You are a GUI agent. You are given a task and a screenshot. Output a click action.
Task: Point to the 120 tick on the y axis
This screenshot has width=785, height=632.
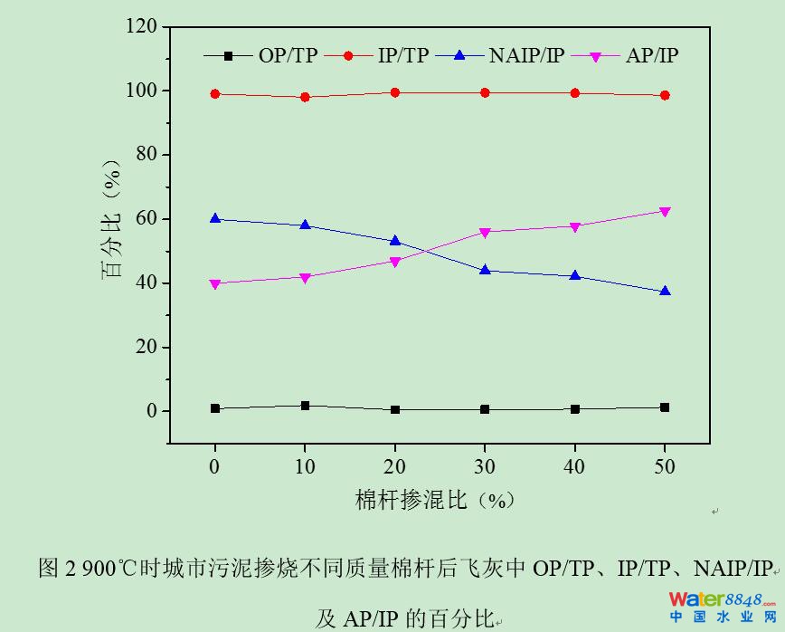coord(140,27)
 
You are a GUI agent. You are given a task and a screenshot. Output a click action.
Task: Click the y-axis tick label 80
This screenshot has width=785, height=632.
coord(146,155)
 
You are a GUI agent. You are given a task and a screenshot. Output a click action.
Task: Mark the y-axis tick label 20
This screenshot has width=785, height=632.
coord(146,347)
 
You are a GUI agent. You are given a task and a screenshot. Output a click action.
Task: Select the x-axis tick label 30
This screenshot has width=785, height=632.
coord(485,466)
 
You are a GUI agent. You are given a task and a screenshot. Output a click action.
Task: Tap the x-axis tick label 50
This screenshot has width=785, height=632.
coord(665,466)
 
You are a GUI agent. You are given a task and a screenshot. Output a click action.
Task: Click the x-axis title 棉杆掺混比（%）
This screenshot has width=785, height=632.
coord(434,500)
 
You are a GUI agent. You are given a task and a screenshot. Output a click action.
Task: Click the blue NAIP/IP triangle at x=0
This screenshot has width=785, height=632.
coord(215,218)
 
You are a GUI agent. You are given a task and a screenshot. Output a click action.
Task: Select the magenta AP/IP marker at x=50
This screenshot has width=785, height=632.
coord(665,212)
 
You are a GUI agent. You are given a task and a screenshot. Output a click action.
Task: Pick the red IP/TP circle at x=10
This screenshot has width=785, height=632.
coord(305,97)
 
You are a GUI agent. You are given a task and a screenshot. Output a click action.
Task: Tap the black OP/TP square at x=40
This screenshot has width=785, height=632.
coord(575,409)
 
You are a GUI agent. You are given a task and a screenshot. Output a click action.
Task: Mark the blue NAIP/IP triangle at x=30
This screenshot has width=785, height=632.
coord(485,270)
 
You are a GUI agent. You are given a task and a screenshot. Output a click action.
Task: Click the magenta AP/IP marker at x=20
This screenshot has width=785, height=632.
coord(395,262)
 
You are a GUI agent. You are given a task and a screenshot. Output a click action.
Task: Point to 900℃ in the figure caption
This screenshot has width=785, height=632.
coord(110,569)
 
